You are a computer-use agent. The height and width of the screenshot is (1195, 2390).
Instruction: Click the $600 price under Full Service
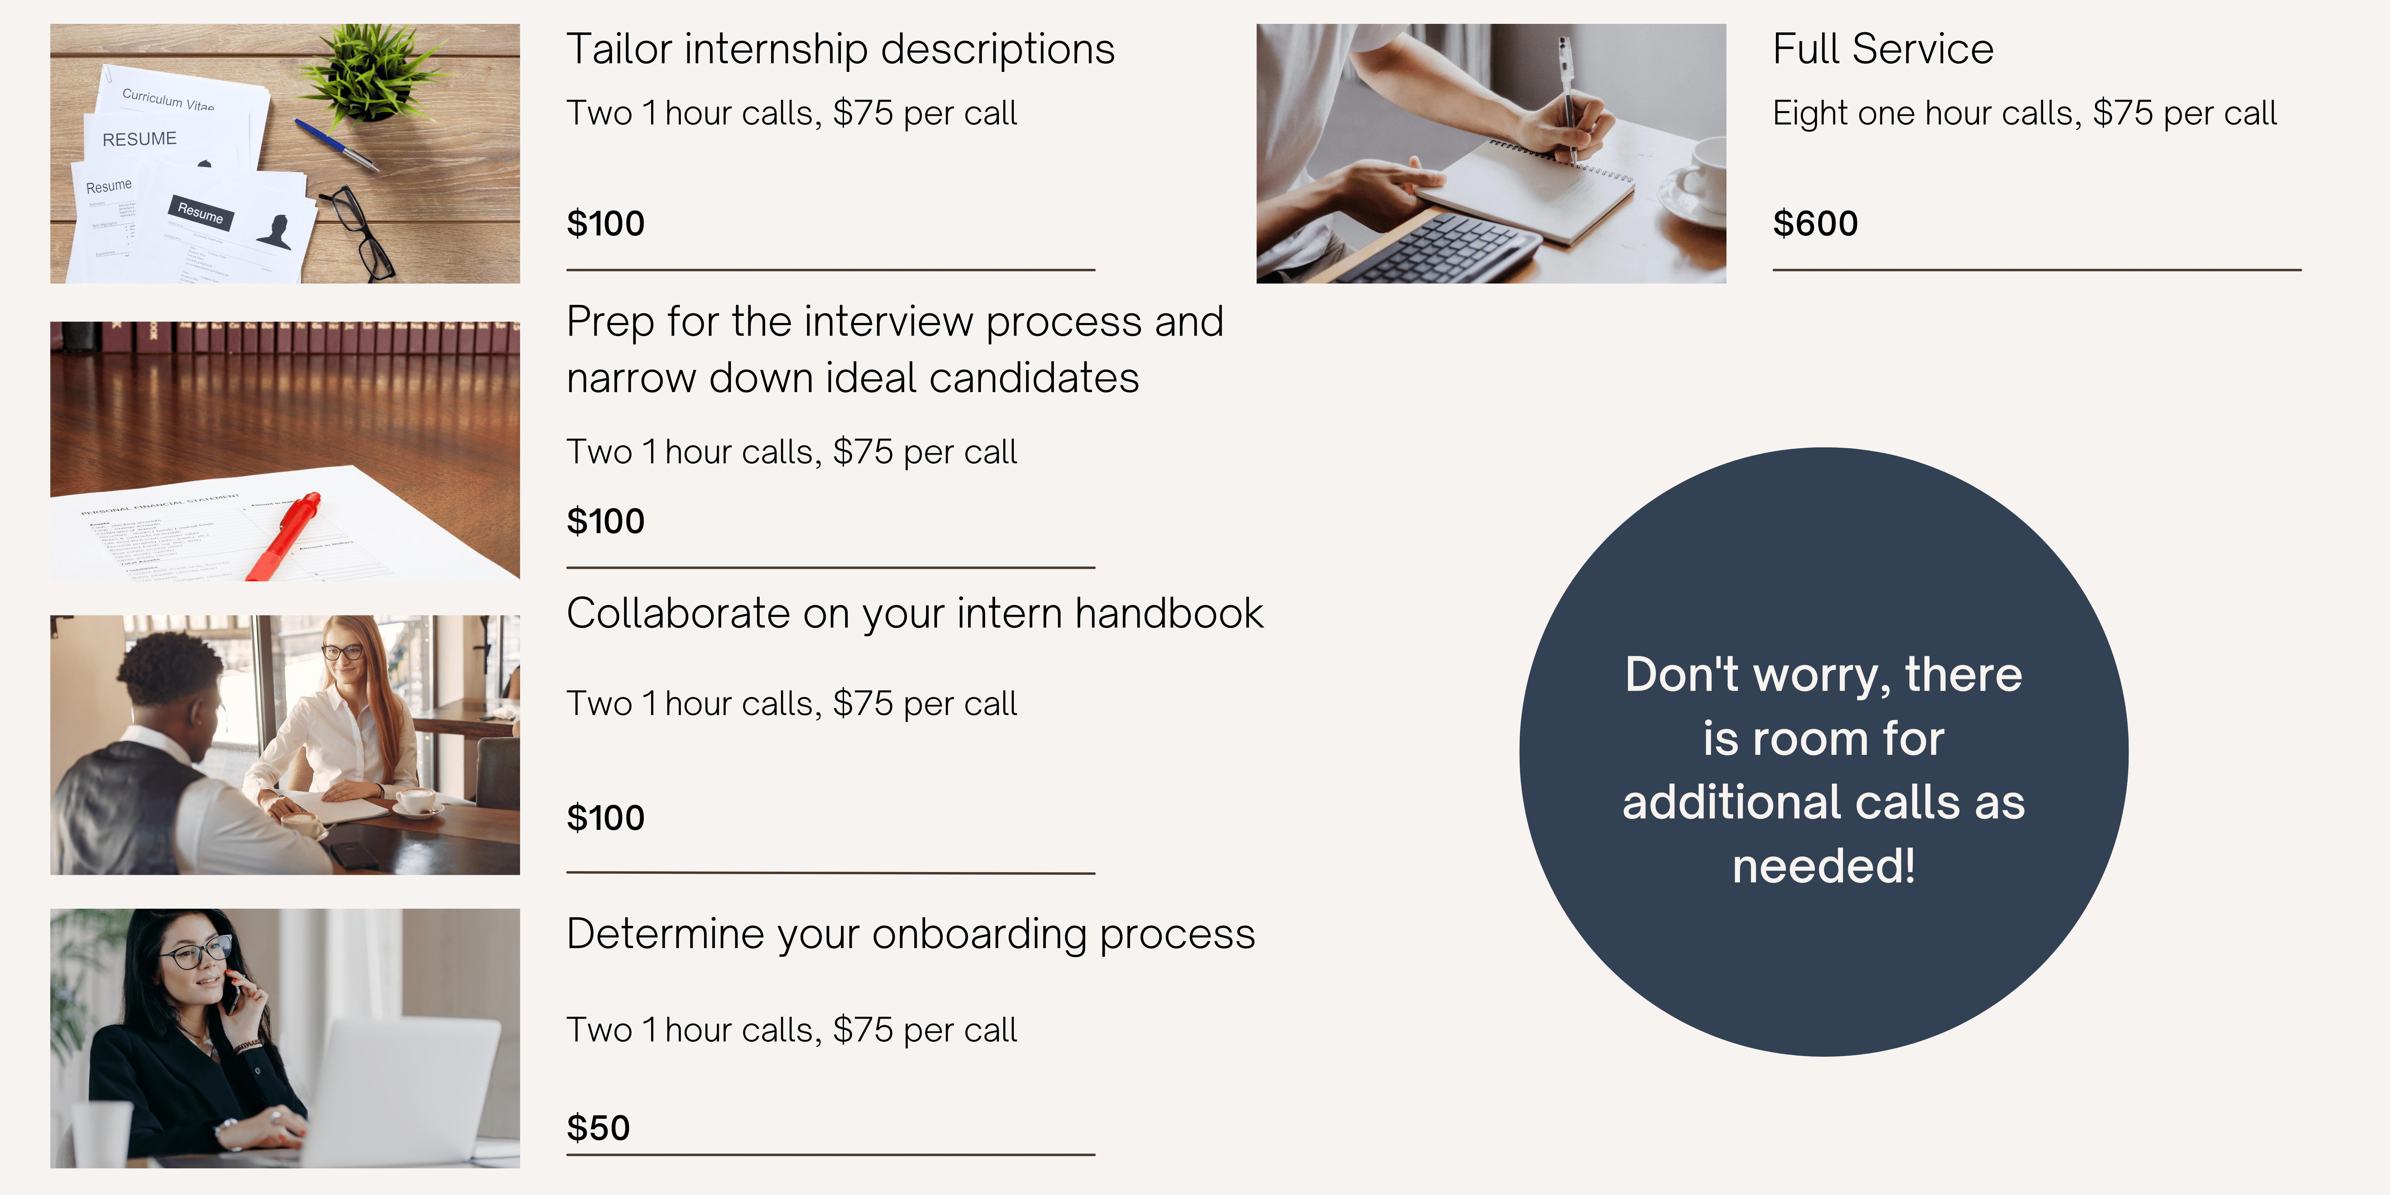click(x=1815, y=224)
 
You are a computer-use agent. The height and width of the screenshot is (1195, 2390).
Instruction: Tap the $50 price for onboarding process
click(x=599, y=1128)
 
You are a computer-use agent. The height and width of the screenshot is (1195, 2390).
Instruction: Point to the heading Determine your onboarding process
click(x=910, y=934)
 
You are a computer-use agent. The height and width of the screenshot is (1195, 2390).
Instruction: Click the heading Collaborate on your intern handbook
click(x=915, y=613)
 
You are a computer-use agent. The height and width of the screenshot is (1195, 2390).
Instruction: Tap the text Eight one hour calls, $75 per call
click(x=2025, y=113)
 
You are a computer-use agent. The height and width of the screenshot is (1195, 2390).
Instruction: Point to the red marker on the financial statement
click(x=284, y=536)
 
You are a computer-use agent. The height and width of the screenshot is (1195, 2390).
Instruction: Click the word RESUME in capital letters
click(x=139, y=139)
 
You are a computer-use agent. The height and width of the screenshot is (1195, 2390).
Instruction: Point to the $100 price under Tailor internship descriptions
click(x=605, y=224)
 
